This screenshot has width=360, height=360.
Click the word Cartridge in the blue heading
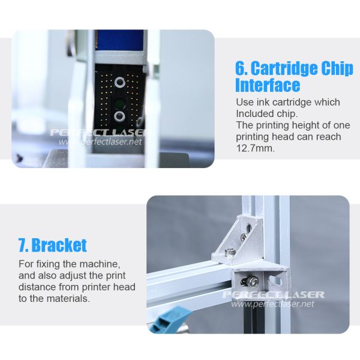point(284,68)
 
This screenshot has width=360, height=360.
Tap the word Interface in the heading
point(268,85)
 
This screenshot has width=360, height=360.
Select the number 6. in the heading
point(242,68)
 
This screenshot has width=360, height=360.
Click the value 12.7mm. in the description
point(256,148)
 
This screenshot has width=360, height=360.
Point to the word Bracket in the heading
point(59,245)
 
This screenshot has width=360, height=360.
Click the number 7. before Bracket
point(23,245)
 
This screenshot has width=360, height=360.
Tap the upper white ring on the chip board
point(119,82)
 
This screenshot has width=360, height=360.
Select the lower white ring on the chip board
point(119,116)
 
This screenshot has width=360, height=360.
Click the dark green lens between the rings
point(119,102)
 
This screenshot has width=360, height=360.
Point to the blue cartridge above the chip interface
point(119,40)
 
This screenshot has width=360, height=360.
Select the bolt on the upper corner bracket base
point(230,252)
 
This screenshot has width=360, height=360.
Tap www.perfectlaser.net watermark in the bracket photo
point(272,304)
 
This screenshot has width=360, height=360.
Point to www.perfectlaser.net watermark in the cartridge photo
point(100,142)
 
